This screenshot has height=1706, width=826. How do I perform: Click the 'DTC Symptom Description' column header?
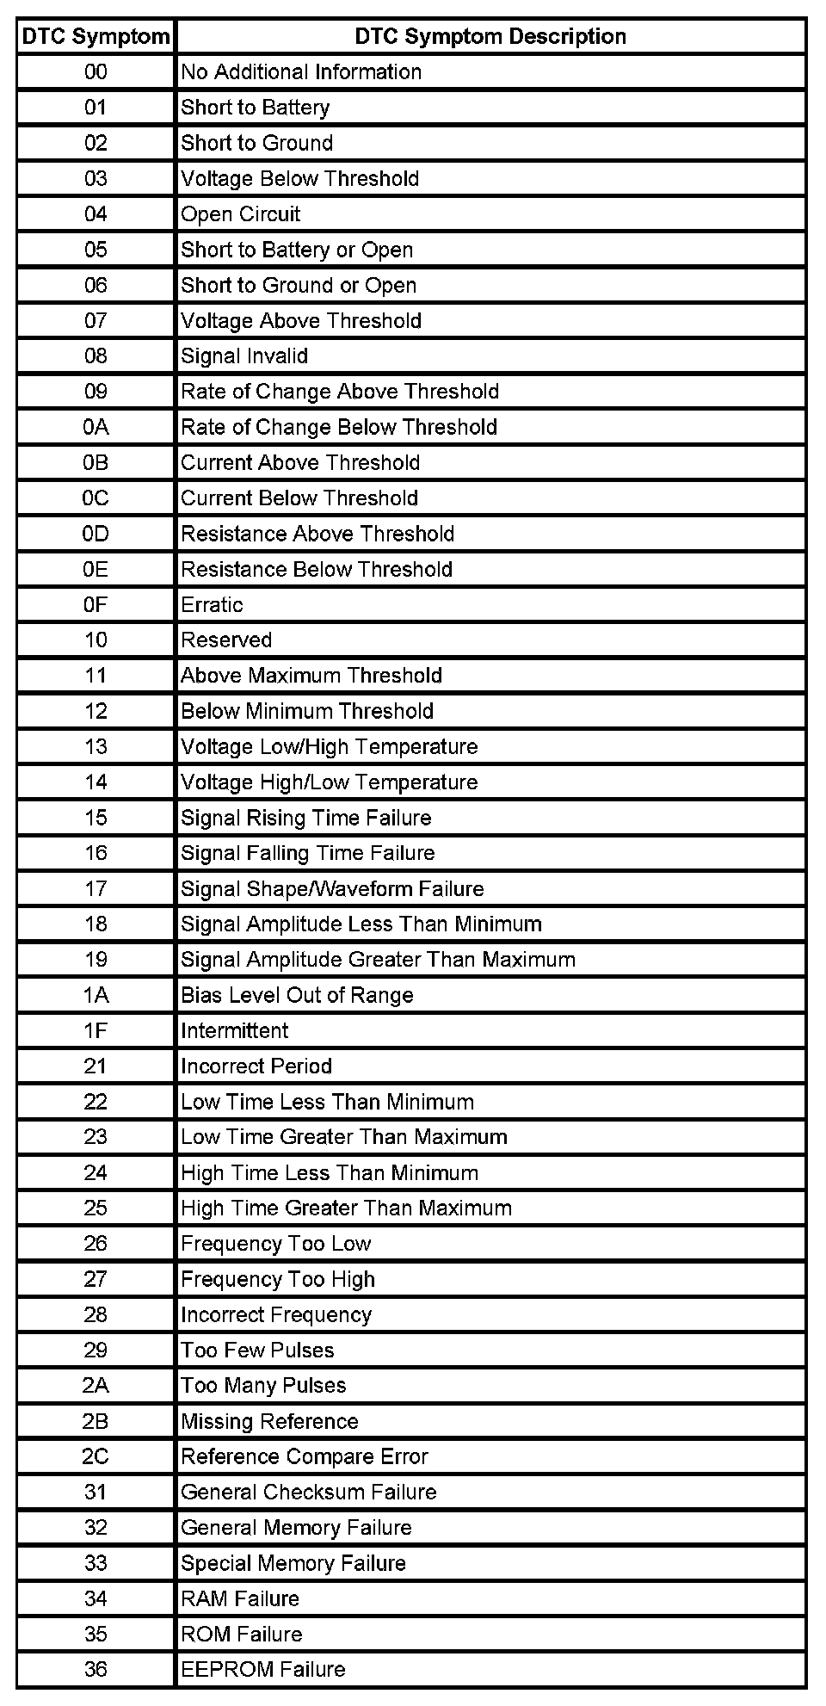(490, 36)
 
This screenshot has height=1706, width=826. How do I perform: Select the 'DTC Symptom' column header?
(96, 36)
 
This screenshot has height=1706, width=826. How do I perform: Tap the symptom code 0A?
(96, 427)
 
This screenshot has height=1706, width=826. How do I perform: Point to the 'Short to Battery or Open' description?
(297, 250)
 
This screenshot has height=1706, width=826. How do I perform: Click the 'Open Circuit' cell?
(241, 214)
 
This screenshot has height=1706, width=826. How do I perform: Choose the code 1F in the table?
(96, 1030)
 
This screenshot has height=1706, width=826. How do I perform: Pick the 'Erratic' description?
(212, 604)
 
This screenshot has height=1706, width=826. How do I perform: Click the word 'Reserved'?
(226, 640)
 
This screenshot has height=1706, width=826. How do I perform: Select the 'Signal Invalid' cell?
(244, 356)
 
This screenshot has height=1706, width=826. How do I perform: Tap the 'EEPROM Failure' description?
(263, 1669)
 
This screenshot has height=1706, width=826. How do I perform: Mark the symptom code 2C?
(96, 1456)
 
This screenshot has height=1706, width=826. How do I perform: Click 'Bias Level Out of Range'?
(297, 995)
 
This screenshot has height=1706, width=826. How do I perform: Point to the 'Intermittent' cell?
(234, 1030)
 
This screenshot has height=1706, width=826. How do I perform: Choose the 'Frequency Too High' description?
(278, 1279)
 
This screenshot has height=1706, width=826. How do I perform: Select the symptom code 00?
(96, 72)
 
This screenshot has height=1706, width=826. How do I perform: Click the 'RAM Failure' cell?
(240, 1598)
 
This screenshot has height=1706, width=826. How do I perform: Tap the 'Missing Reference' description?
(269, 1421)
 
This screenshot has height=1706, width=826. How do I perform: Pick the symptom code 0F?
(96, 604)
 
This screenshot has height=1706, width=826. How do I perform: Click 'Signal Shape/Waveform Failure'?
(332, 888)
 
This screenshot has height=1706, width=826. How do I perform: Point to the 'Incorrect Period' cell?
(256, 1066)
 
